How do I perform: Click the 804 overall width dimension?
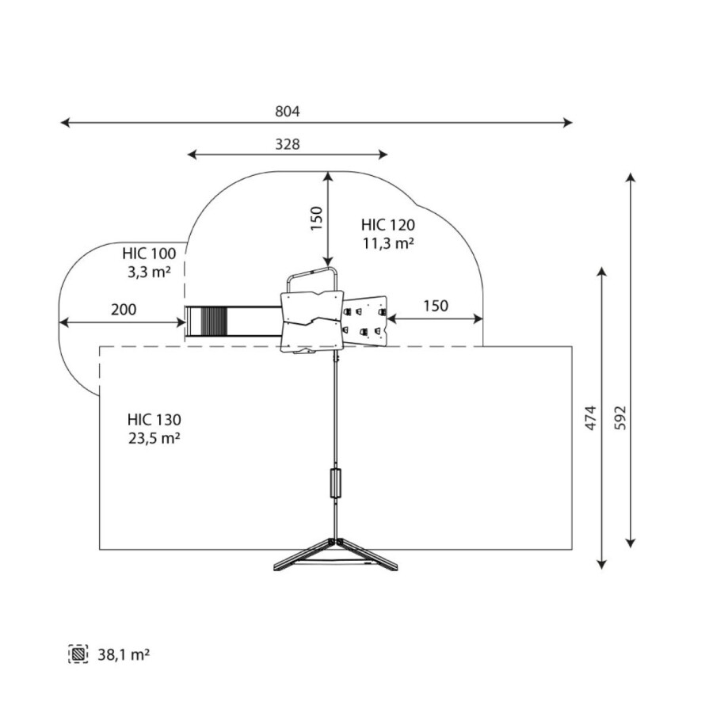pos(288,112)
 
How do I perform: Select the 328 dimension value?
pos(288,144)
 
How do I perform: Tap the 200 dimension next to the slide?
pos(124,309)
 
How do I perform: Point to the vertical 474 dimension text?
pos(590,418)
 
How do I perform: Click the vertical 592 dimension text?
pos(620,418)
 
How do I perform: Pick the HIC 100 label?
pos(149,254)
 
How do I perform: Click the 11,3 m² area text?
pos(388,243)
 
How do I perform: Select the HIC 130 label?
pos(154,419)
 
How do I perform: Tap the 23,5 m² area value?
pos(154,438)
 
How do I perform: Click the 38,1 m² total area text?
pos(124,655)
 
